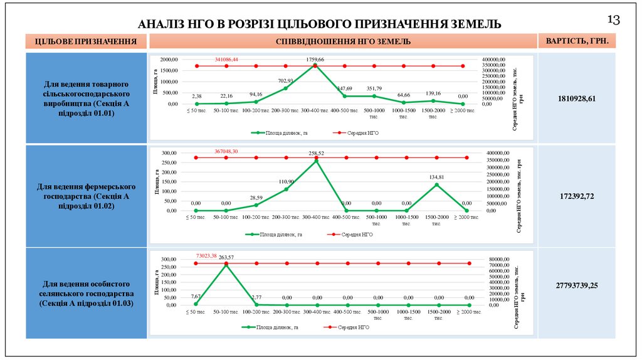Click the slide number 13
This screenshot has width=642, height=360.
613,20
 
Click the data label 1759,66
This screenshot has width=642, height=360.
315,60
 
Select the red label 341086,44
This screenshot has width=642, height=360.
226,59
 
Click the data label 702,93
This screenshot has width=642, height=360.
286,81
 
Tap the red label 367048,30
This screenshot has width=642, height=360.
226,152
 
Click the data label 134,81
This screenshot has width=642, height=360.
436,177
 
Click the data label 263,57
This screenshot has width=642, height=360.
226,258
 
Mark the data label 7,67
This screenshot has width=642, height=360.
196,296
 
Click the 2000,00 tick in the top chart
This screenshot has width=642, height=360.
169,59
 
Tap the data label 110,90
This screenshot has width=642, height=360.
286,181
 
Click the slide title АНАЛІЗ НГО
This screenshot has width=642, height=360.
320,24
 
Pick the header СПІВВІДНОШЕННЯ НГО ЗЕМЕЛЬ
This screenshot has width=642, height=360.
343,42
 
